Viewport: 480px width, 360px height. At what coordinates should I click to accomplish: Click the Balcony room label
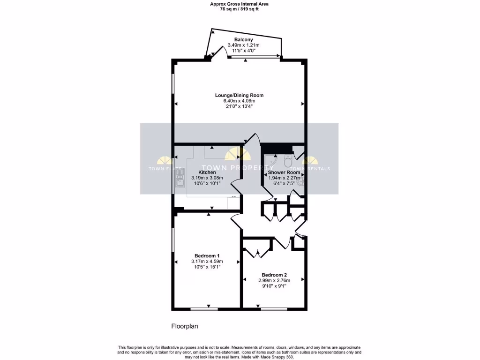coord(243,39)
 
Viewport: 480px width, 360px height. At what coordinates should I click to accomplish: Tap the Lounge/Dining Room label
coord(239,95)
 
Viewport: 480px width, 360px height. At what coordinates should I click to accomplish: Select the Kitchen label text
coord(207,172)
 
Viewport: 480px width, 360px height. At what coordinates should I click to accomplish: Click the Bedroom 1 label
coord(207,255)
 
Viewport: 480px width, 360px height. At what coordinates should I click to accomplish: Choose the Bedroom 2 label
coord(274,275)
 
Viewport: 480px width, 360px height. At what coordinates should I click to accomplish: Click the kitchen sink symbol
coord(179,178)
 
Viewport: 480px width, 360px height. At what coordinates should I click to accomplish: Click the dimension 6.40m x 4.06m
coord(239,101)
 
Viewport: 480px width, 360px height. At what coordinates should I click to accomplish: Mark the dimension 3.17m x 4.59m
coord(207,261)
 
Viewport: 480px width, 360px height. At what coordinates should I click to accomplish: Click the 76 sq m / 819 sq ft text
coord(240,9)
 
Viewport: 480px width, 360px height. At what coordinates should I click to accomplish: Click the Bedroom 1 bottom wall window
coord(204,308)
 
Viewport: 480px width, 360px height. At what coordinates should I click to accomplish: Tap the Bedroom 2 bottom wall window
coord(274,308)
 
